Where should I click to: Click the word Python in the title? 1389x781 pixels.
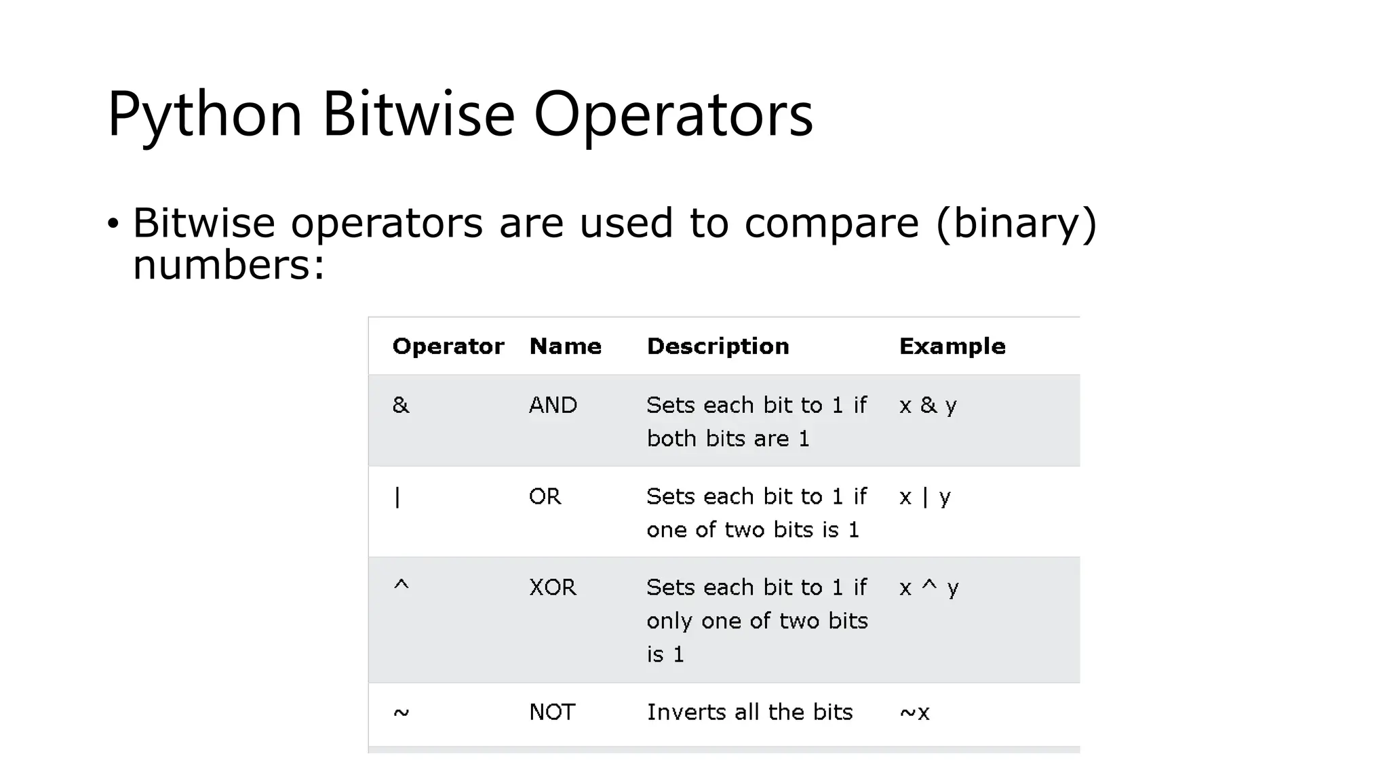point(204,115)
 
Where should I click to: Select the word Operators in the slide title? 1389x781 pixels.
point(673,115)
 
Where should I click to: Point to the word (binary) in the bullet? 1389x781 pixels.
point(1016,223)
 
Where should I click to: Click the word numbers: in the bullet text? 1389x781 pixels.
point(229,264)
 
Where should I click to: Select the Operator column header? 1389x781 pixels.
point(448,346)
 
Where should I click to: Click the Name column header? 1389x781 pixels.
point(565,346)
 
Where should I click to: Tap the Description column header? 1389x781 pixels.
point(718,346)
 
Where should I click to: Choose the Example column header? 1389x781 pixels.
point(952,346)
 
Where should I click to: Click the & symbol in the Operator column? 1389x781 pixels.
point(401,405)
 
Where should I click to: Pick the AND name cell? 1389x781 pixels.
point(553,405)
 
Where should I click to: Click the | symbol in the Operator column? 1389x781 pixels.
point(397,497)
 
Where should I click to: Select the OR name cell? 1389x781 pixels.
point(545,497)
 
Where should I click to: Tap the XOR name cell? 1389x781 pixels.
point(552,587)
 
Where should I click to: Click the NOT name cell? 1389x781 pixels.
point(551,713)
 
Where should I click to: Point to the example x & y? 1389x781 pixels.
point(928,405)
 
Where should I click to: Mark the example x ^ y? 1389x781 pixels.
point(928,587)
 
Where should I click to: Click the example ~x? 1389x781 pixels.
point(914,713)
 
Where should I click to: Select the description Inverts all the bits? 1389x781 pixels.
point(749,713)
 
